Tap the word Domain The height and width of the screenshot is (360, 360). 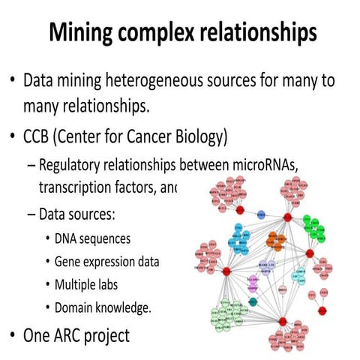75,307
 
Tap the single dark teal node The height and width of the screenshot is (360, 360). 253,301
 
